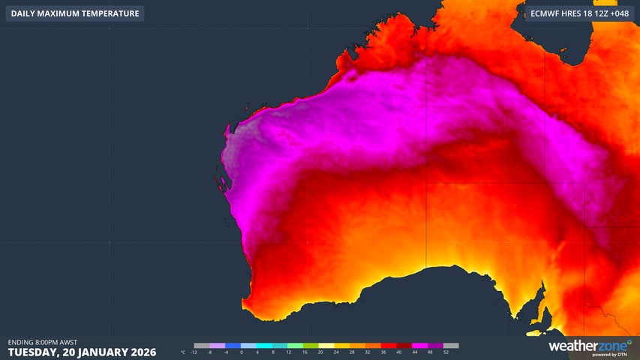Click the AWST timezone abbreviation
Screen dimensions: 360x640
click(x=68, y=342)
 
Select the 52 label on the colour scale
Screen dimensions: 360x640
click(x=446, y=352)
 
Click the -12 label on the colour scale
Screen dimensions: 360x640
click(x=194, y=352)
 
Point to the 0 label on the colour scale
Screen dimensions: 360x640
click(x=242, y=352)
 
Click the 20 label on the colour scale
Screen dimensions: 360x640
click(x=320, y=352)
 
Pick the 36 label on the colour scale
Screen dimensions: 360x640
click(x=383, y=352)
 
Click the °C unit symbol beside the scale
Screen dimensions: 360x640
click(x=184, y=352)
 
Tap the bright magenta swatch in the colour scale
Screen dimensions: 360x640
click(x=420, y=346)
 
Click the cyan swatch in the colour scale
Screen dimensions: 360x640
click(x=264, y=346)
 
